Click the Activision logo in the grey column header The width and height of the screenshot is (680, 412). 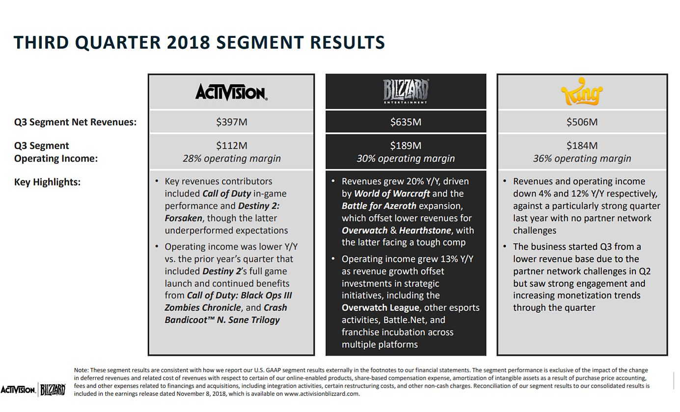tap(231, 92)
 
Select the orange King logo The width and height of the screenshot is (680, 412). tap(582, 92)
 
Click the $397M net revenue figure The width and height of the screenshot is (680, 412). tap(231, 122)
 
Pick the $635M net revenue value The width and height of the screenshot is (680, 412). tap(406, 122)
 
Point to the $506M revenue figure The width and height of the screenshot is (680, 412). tap(582, 122)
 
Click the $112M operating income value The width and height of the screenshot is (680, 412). tap(231, 145)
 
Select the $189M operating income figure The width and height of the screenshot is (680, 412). tap(406, 145)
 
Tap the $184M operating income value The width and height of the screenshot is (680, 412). tap(582, 145)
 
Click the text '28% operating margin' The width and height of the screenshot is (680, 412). tap(231, 158)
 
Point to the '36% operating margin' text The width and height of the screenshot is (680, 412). tap(582, 158)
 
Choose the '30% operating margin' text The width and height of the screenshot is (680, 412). tap(406, 158)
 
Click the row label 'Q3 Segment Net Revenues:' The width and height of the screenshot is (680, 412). tap(75, 122)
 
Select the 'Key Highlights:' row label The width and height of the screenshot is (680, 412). tap(47, 182)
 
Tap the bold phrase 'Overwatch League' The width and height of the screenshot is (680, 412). tap(381, 308)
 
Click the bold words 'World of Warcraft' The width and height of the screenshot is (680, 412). tap(392, 193)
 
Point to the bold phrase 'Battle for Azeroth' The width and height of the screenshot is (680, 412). tap(379, 206)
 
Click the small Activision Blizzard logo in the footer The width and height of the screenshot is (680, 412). tap(33, 390)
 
